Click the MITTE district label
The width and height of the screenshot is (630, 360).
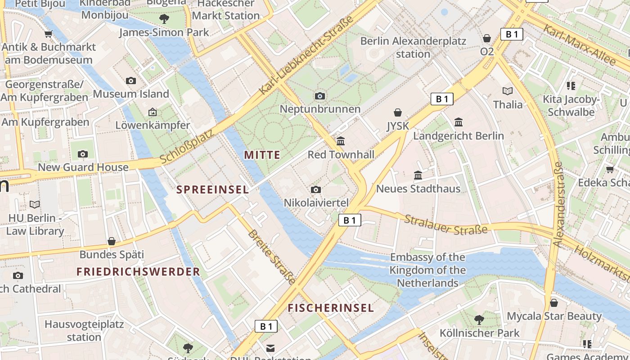coord(262,155)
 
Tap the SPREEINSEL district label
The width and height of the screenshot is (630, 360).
coord(212,190)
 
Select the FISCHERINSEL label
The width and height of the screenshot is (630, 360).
coord(331,308)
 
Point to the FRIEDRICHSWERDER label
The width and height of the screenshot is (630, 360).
coord(138,272)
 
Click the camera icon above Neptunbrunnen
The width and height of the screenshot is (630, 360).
coord(320,96)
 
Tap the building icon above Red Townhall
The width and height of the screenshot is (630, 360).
coord(341,141)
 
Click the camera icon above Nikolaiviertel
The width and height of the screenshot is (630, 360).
coord(316,189)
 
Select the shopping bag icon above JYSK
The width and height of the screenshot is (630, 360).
coord(398,112)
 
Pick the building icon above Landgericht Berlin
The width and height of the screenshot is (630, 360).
coord(459,122)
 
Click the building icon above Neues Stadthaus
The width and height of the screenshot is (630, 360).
coord(418,175)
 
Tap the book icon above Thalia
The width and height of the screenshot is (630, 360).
coord(508,91)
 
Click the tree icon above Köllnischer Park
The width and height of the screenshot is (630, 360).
coord(479,320)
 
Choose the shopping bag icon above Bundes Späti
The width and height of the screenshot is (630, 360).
coord(112,241)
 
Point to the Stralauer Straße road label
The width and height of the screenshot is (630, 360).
coord(445,224)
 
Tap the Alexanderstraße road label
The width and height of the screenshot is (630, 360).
coord(558,205)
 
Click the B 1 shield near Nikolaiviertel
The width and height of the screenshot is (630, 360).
coord(350,220)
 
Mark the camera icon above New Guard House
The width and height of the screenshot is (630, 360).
coord(83,154)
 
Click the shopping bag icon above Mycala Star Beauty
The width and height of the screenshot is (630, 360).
coord(554,303)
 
